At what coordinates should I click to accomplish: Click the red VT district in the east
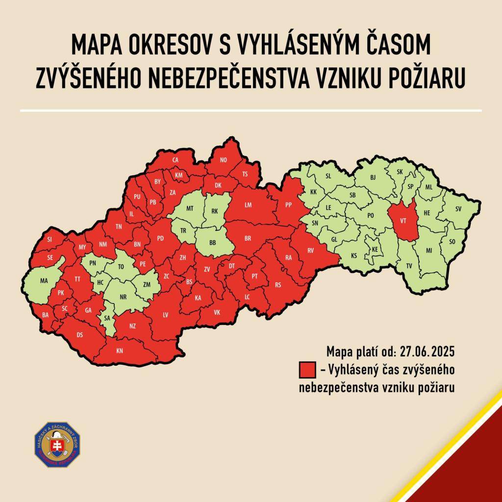[403, 221]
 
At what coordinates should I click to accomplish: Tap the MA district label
[44, 281]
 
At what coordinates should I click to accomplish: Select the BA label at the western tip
[46, 314]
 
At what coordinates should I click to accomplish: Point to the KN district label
[119, 351]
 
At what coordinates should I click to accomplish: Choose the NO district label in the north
[224, 160]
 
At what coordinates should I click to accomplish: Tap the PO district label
[371, 216]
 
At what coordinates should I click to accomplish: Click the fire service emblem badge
[57, 445]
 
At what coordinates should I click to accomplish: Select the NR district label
[123, 297]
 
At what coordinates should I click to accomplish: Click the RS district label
[278, 285]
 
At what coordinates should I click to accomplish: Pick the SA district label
[106, 318]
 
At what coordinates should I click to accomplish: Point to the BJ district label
[373, 177]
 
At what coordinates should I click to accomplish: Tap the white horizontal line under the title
[251, 110]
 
